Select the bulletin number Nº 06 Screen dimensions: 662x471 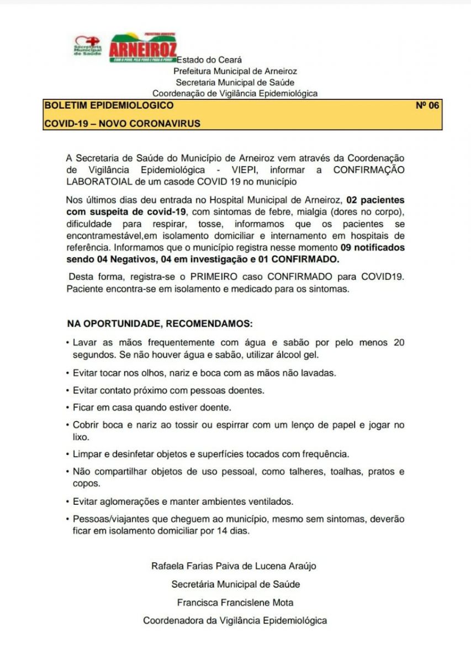(x=427, y=105)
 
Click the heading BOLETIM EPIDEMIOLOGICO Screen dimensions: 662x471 (x=109, y=105)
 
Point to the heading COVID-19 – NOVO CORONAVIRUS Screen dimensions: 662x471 (x=122, y=124)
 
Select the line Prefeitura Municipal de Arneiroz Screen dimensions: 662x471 (x=235, y=71)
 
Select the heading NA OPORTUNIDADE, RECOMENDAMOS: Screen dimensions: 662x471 (x=160, y=322)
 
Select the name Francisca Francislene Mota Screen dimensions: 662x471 (x=235, y=602)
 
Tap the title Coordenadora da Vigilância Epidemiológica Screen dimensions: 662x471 (x=235, y=620)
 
